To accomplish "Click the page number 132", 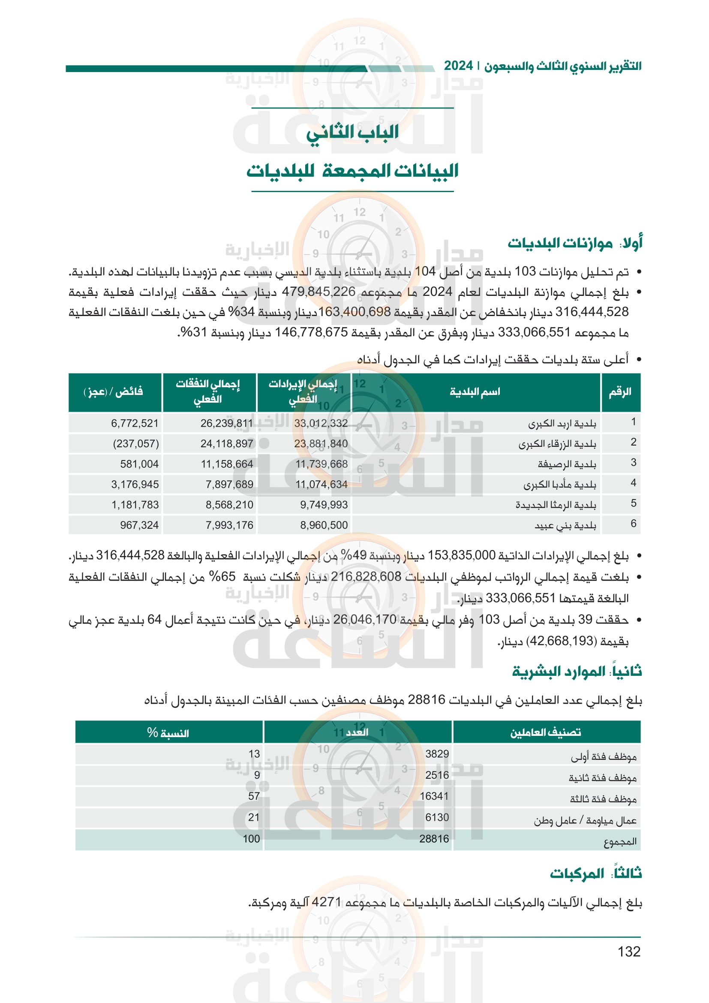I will coord(629,952).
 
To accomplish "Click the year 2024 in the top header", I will coord(458,66).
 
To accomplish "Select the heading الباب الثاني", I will coord(352,132).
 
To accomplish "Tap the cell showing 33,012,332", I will coord(321,423).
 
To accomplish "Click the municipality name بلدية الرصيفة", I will coord(567,464).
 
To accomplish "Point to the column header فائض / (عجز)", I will coord(114,392).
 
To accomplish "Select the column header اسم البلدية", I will coord(475,392).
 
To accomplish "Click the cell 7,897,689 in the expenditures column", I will coord(229,485).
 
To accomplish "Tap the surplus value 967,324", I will coord(139,525).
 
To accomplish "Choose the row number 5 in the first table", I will coord(633,503).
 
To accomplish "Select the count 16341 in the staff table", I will coord(434,796).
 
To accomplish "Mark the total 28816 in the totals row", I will coord(434,839).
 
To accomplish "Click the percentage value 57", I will coord(254,796).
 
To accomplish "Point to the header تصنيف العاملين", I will coord(546,732).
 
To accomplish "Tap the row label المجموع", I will coord(620,841).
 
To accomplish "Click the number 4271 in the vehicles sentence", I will coord(326,903).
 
